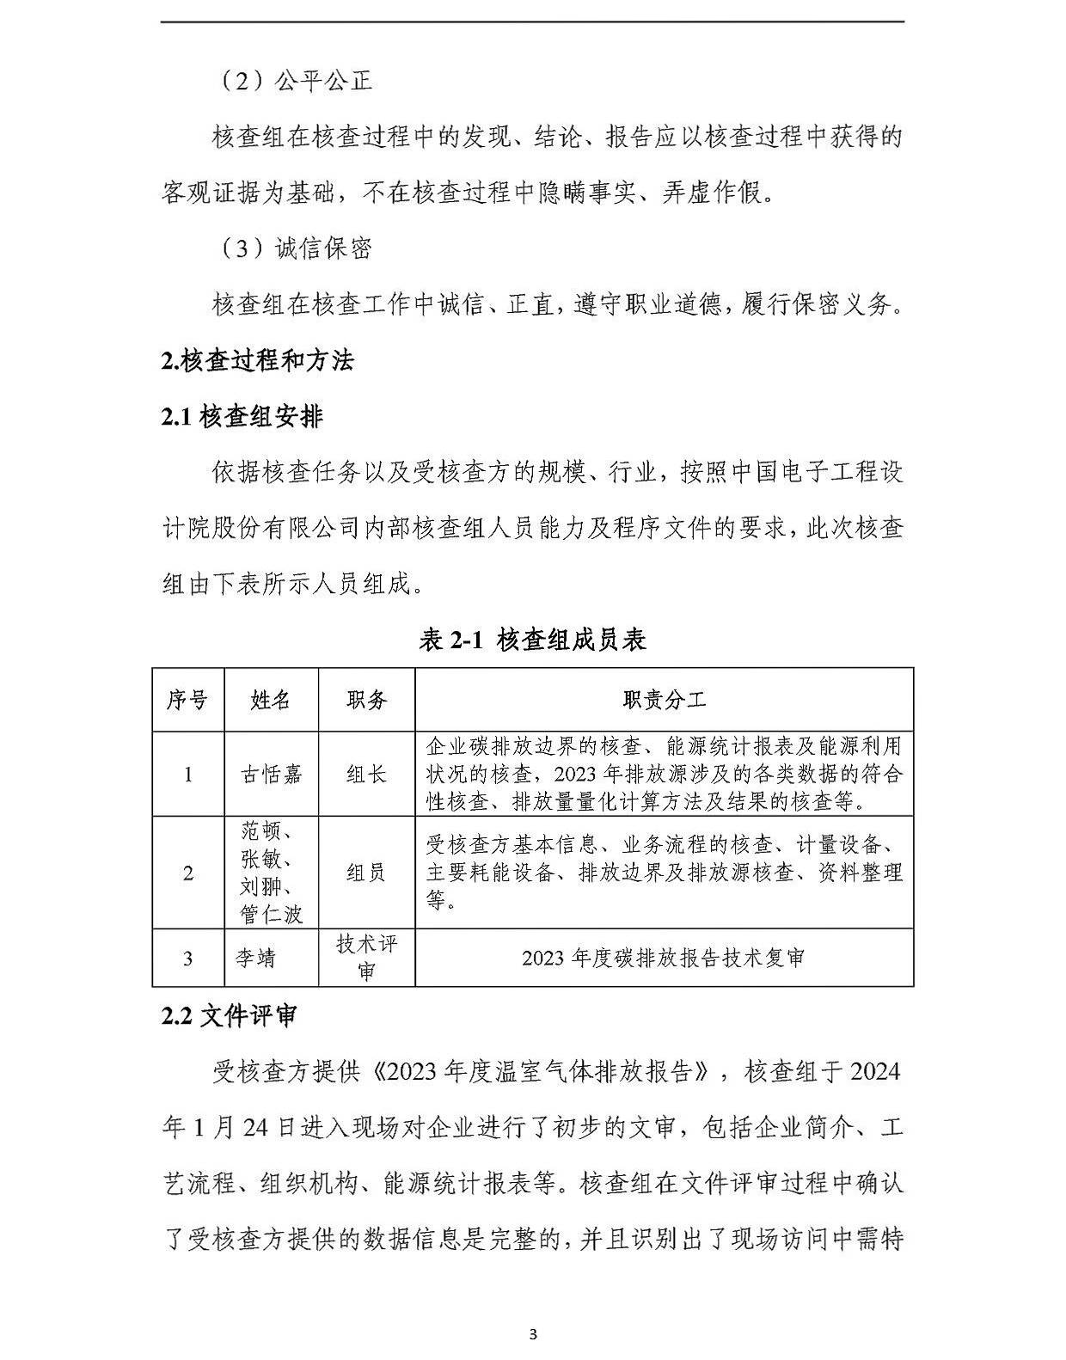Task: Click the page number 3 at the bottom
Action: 533,1334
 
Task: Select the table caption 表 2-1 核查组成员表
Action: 532,640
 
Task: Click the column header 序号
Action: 187,700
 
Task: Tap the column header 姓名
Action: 271,700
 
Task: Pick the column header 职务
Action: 366,700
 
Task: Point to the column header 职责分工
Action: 664,700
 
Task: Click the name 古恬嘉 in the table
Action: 271,775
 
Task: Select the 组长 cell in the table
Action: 366,775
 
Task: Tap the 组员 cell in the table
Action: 366,873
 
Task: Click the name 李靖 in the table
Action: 256,958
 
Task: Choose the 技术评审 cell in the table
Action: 366,958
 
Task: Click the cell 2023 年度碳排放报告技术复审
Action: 664,958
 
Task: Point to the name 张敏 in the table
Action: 265,859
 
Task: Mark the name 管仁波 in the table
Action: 271,914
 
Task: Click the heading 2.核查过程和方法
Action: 257,360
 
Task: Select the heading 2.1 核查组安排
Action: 242,417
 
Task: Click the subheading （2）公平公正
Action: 291,81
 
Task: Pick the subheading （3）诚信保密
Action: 291,248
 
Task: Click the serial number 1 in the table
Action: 187,775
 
